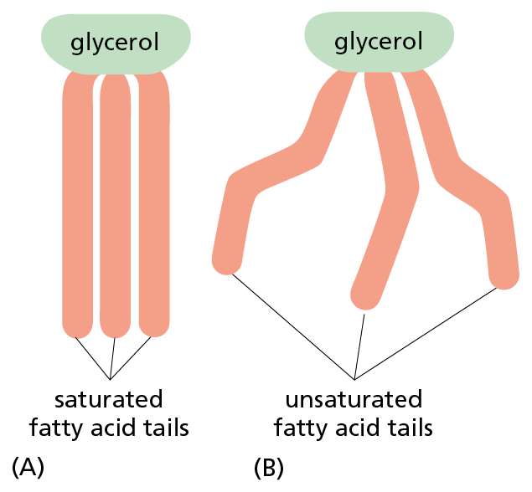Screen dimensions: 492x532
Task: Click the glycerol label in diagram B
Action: click(379, 41)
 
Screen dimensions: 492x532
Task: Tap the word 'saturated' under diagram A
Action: click(109, 397)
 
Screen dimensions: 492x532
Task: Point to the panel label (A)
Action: click(27, 466)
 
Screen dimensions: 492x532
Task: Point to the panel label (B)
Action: click(269, 466)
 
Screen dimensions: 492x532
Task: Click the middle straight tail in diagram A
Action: click(116, 209)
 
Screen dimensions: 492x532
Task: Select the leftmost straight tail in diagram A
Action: click(77, 209)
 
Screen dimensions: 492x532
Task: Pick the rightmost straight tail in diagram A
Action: click(154, 209)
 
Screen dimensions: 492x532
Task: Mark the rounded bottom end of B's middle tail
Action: click(365, 295)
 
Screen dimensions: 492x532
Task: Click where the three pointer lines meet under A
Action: click(111, 378)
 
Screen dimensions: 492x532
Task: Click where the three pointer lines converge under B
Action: click(354, 378)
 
